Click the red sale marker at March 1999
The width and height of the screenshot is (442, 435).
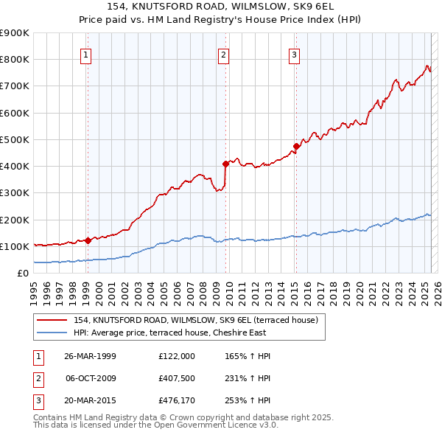[x=88, y=240]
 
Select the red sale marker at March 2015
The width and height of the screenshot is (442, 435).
[x=295, y=146]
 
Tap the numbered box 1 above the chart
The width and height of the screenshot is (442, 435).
[x=86, y=54]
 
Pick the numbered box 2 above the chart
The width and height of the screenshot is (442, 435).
[x=222, y=54]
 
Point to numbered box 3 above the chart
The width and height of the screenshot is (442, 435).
[x=294, y=54]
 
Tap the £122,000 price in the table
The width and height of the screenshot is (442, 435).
[x=177, y=356]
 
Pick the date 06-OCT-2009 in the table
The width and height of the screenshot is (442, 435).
[x=91, y=378]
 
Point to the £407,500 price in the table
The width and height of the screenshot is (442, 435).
[x=177, y=378]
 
